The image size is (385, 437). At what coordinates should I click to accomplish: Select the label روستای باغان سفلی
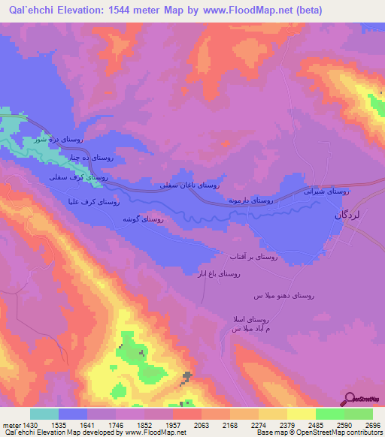pos(189,185)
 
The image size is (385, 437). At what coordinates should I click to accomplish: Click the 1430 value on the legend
pos(24,424)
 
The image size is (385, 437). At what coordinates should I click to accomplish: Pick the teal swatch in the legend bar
pos(44,414)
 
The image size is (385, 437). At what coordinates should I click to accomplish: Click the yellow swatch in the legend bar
pos(301,414)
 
